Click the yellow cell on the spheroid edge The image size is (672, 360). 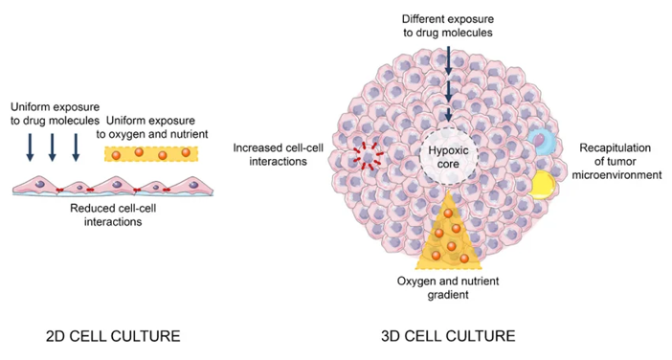[545, 184]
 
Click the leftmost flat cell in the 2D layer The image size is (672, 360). [38, 186]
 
